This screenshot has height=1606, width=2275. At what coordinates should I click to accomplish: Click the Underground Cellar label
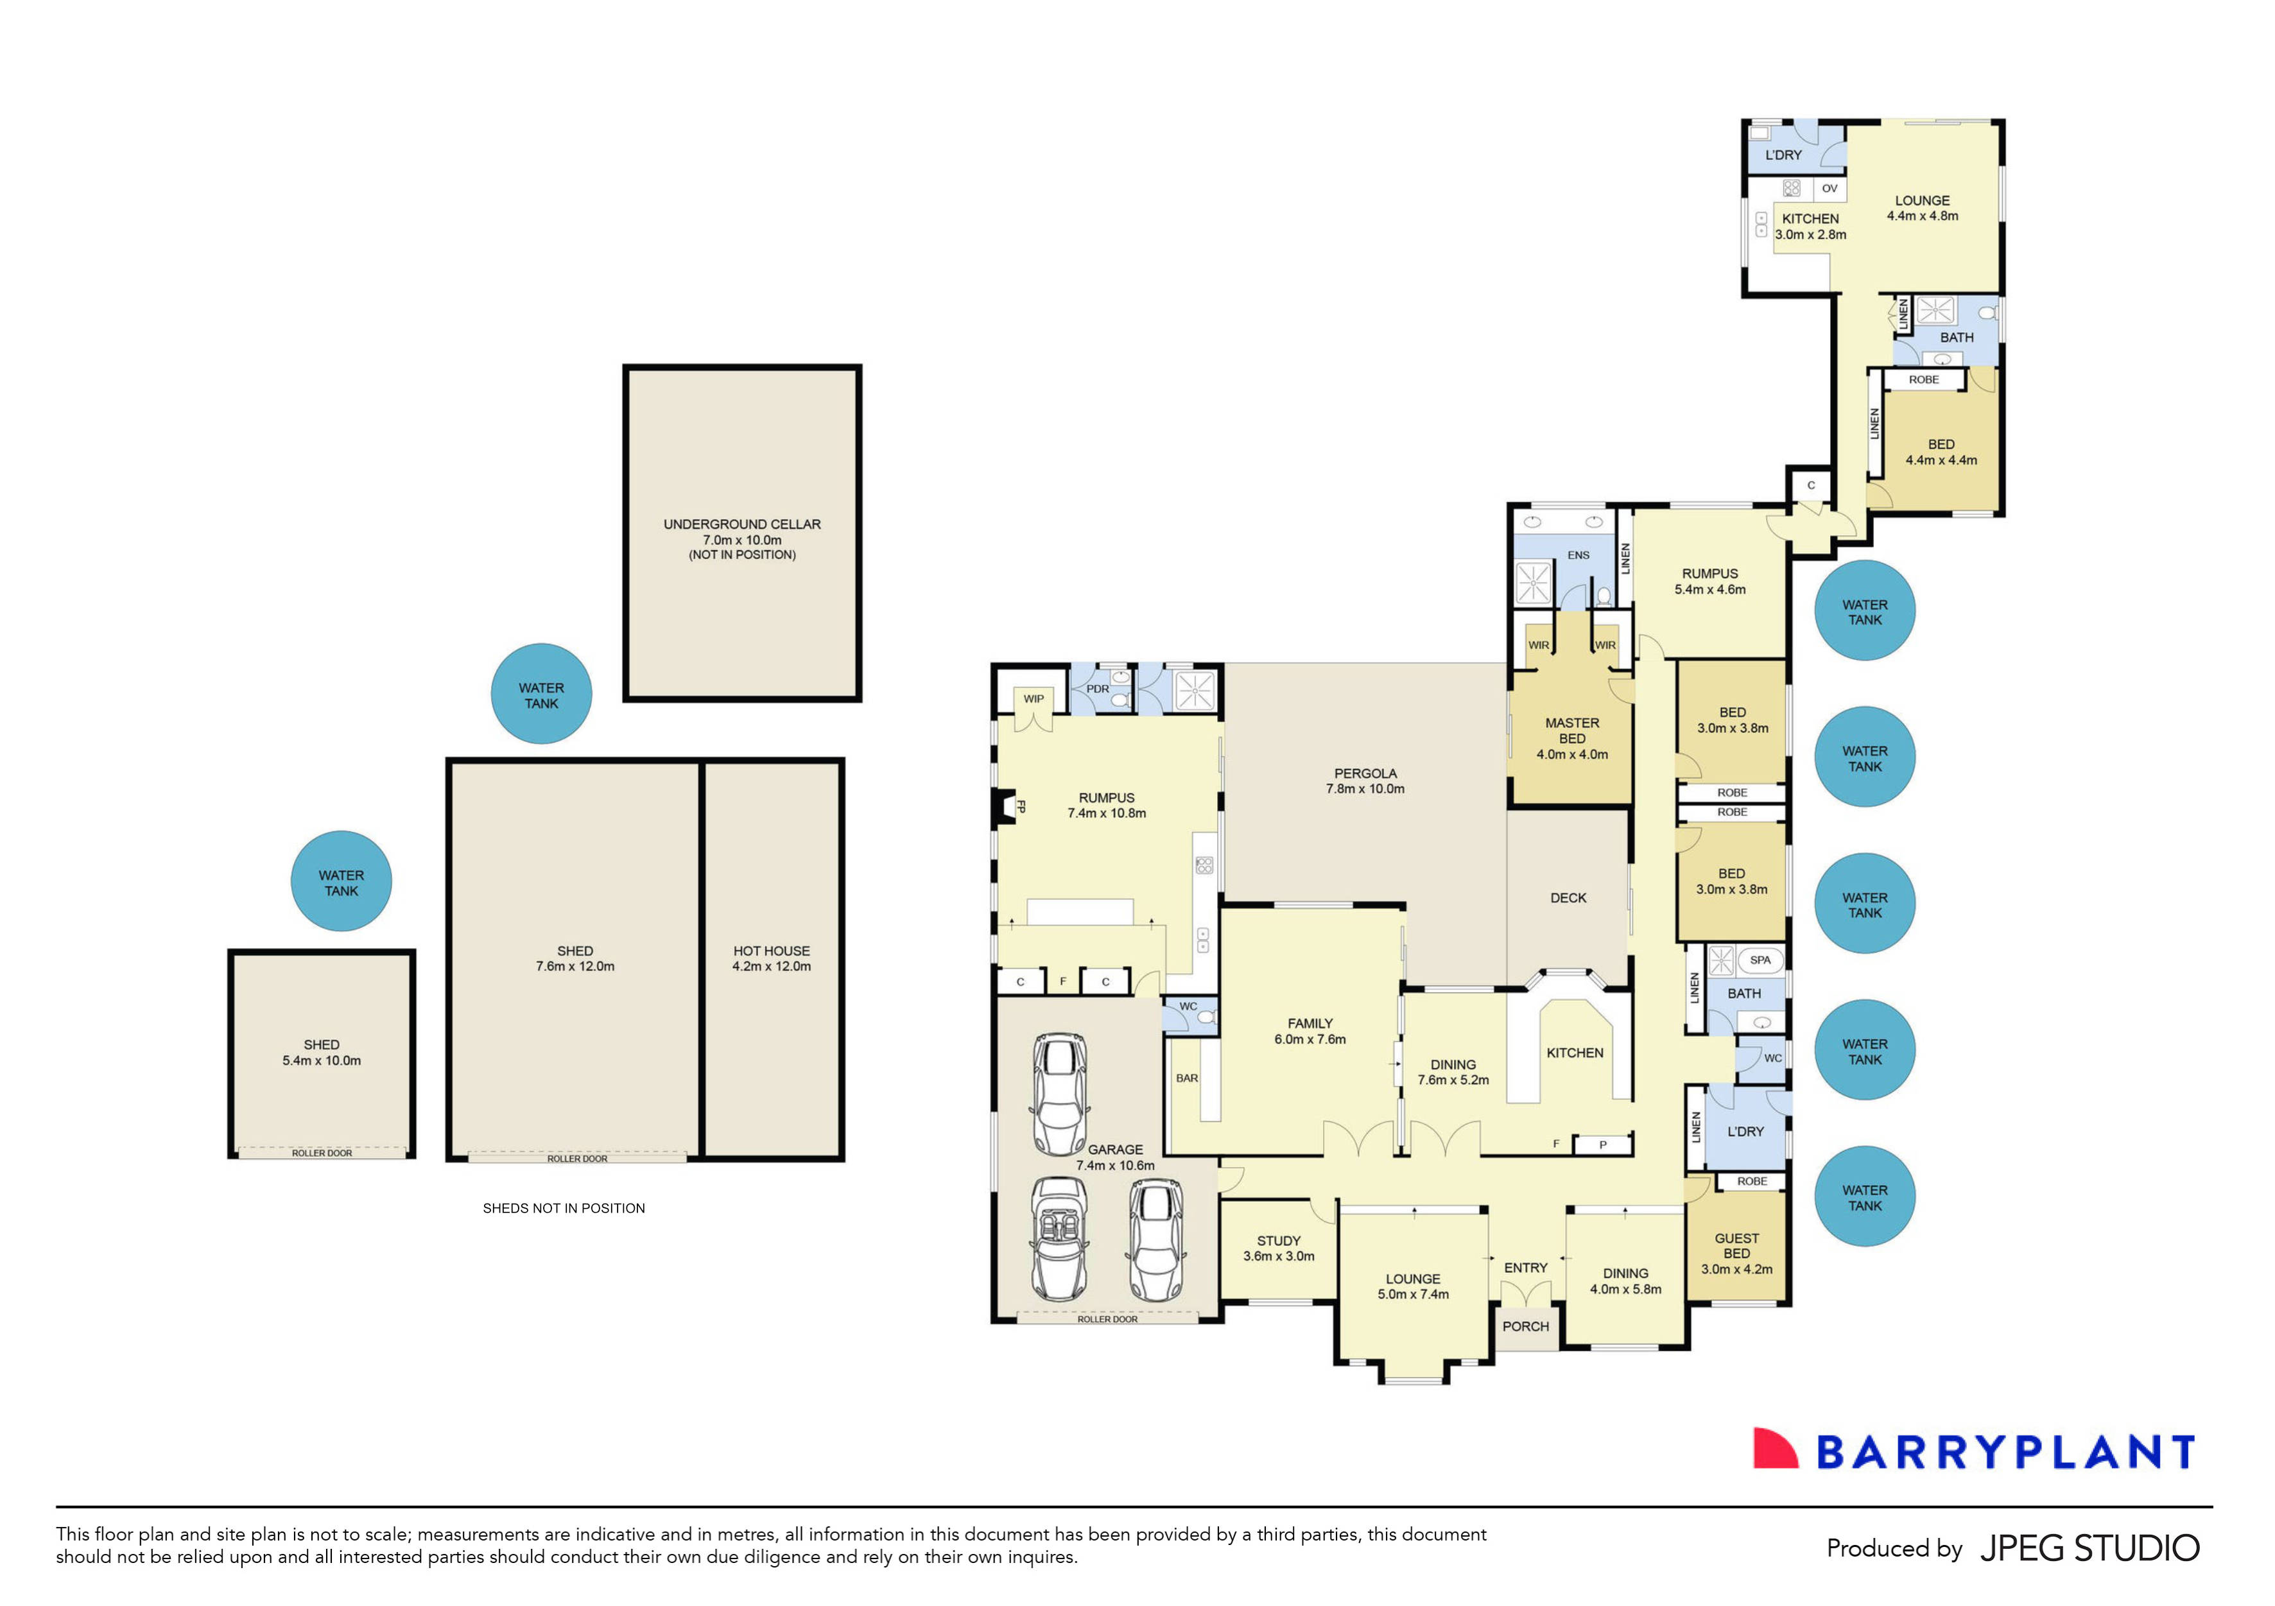[741, 525]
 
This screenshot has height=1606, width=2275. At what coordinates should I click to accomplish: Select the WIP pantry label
[1034, 698]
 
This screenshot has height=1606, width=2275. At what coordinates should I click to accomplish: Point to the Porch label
[1525, 1327]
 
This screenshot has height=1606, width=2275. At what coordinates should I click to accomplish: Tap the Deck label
[1568, 897]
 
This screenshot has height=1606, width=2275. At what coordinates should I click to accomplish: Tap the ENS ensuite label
[1579, 555]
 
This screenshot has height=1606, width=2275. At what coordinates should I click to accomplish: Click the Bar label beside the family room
[1186, 1078]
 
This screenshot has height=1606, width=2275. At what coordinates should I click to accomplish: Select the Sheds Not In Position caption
[563, 1209]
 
